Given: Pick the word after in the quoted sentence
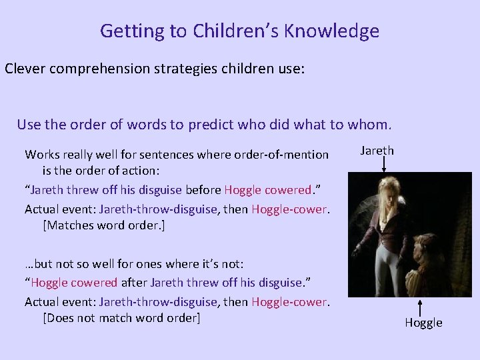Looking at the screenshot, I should click(133, 283).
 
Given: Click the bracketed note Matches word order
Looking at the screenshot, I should click(103, 225).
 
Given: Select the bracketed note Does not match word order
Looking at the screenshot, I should click(121, 318).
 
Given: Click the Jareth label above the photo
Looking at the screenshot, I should click(377, 151).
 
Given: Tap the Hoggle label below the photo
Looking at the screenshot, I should click(423, 323).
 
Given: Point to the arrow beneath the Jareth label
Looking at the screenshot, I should click(383, 165).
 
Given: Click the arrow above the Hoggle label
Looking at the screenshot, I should click(421, 307).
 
